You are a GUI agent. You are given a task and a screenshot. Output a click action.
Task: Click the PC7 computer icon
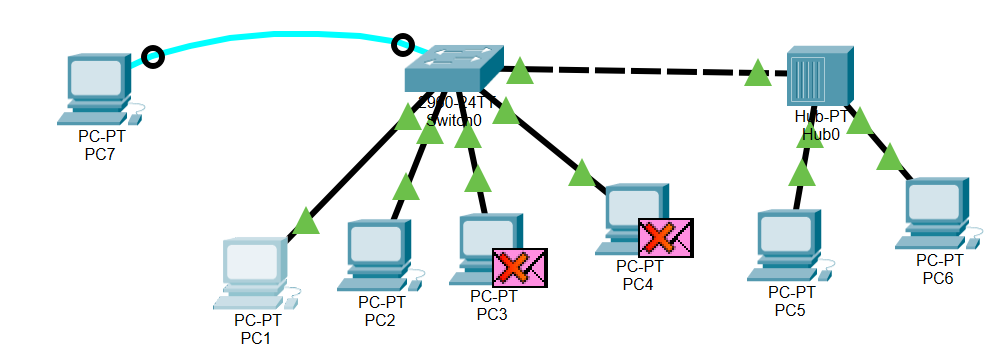pyautogui.click(x=99, y=86)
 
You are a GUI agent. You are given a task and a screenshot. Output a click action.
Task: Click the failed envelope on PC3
pyautogui.click(x=519, y=268)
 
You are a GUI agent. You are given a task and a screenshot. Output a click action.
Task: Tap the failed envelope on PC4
pyautogui.click(x=666, y=238)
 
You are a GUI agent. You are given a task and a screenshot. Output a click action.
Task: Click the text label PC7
pyautogui.click(x=100, y=153)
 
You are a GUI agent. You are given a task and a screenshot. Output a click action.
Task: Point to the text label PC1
pyautogui.click(x=256, y=339)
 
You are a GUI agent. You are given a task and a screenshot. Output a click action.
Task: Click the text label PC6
pyautogui.click(x=938, y=277)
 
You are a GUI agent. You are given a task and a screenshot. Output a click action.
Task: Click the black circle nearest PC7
pyautogui.click(x=153, y=57)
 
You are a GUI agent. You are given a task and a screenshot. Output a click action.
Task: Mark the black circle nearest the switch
pyautogui.click(x=402, y=45)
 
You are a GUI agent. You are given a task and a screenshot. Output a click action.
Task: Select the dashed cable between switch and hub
pyautogui.click(x=640, y=71)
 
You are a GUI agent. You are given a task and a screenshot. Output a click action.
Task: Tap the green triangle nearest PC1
pyautogui.click(x=306, y=221)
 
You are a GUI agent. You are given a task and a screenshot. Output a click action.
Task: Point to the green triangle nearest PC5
pyautogui.click(x=801, y=174)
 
